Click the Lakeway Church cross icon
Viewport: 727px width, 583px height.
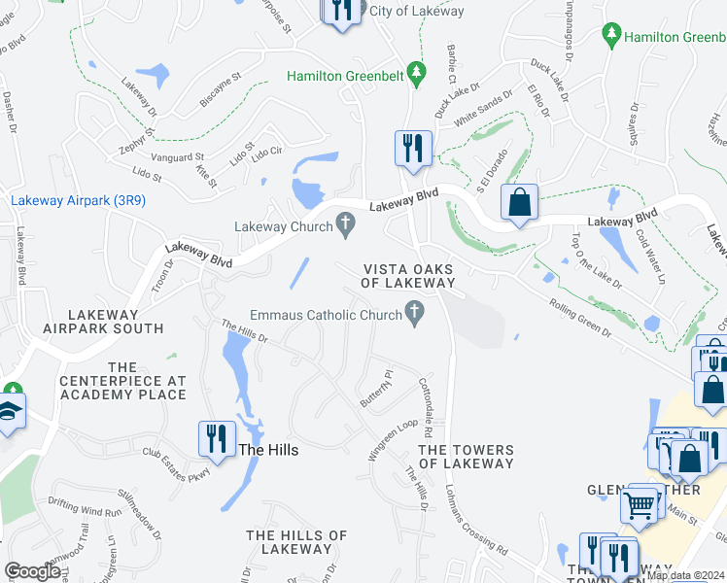point(344,225)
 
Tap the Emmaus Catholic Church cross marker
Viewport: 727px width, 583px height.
point(415,313)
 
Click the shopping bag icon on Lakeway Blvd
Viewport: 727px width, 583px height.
point(519,202)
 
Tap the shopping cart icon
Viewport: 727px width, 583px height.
point(639,502)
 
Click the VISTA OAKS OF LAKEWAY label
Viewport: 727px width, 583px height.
point(408,276)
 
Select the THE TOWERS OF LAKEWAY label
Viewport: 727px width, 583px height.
point(466,457)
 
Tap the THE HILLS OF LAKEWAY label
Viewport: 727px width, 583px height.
point(296,542)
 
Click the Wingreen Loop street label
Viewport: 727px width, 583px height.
point(392,440)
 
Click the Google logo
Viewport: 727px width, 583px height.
point(33,572)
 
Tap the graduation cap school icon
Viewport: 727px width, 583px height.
point(12,412)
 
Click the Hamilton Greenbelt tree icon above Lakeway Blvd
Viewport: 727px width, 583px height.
point(416,73)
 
